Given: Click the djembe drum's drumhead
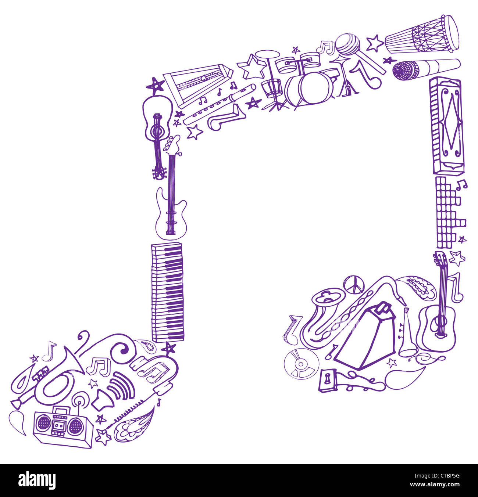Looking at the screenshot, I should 450,33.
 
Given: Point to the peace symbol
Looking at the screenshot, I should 354,285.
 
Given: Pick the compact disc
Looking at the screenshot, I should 301,364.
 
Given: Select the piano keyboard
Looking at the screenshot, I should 168,292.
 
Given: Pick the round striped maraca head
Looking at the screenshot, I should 347,44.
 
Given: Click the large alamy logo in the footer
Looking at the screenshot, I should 37,480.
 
